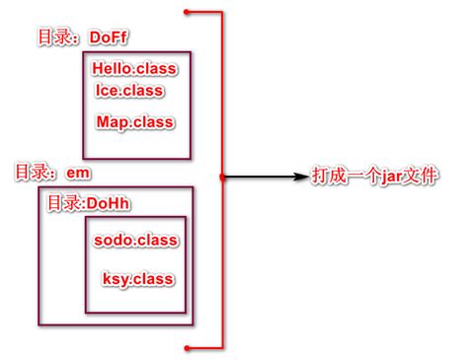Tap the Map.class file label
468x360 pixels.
[x=135, y=122]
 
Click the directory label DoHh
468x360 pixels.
[x=110, y=202]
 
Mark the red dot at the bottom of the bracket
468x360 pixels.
[x=186, y=346]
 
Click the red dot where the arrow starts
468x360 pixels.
[x=223, y=178]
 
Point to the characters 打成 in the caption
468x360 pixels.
[x=331, y=177]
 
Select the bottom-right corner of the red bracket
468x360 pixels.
[x=223, y=346]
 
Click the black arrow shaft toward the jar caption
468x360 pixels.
[x=262, y=178]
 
